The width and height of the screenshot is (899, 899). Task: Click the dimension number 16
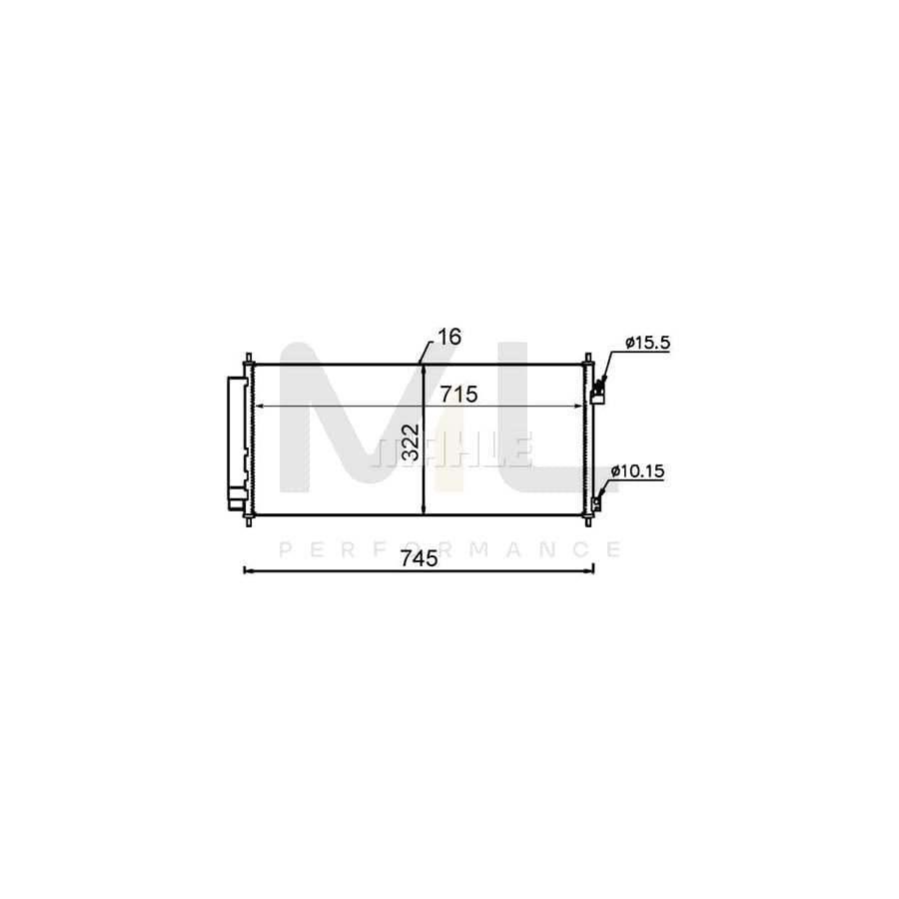[x=449, y=338]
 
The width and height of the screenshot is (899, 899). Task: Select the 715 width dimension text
[x=458, y=395]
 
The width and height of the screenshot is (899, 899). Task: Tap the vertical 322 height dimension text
[x=412, y=443]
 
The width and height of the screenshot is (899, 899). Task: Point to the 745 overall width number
[x=420, y=557]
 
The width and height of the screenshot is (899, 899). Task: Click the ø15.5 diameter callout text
[x=647, y=343]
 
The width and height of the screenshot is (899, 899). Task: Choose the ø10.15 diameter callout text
[x=637, y=471]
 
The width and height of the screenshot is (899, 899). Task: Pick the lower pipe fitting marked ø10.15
[x=597, y=503]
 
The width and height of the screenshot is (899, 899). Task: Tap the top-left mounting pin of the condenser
[x=249, y=359]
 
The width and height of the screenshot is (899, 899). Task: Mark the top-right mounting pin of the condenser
[x=587, y=359]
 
